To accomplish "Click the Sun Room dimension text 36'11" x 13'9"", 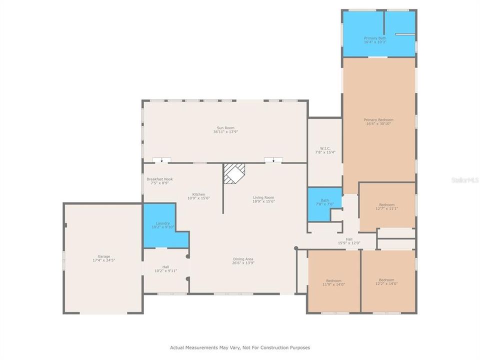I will (225, 132).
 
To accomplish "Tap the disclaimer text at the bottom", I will (240, 347).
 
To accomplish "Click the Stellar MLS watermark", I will (465, 179).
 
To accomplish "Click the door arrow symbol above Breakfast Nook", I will (161, 160).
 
